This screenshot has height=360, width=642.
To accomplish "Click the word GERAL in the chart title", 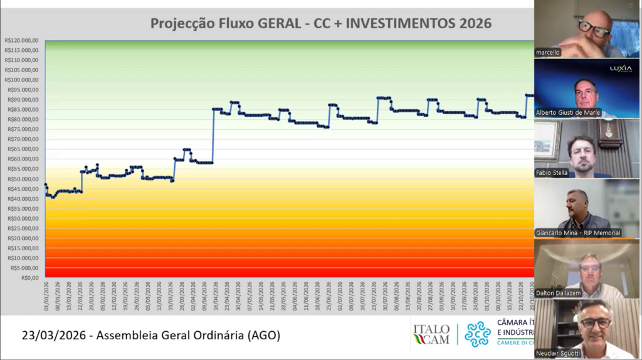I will point(279,24).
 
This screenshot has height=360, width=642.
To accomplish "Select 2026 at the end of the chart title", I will point(475,24).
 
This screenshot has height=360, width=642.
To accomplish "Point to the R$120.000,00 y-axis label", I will point(22,40).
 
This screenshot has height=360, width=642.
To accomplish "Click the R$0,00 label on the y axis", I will point(30,277).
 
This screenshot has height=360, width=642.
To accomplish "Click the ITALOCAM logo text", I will point(431,334).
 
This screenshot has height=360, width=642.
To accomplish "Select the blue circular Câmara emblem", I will point(477,334).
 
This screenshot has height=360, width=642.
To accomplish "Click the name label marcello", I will point(547,53).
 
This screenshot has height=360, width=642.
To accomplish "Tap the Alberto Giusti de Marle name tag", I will point(567,112).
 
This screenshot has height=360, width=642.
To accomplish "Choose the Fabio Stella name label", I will point(551,172).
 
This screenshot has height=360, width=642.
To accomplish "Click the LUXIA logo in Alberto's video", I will point(621,68).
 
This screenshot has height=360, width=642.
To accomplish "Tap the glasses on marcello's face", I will point(593,28).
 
